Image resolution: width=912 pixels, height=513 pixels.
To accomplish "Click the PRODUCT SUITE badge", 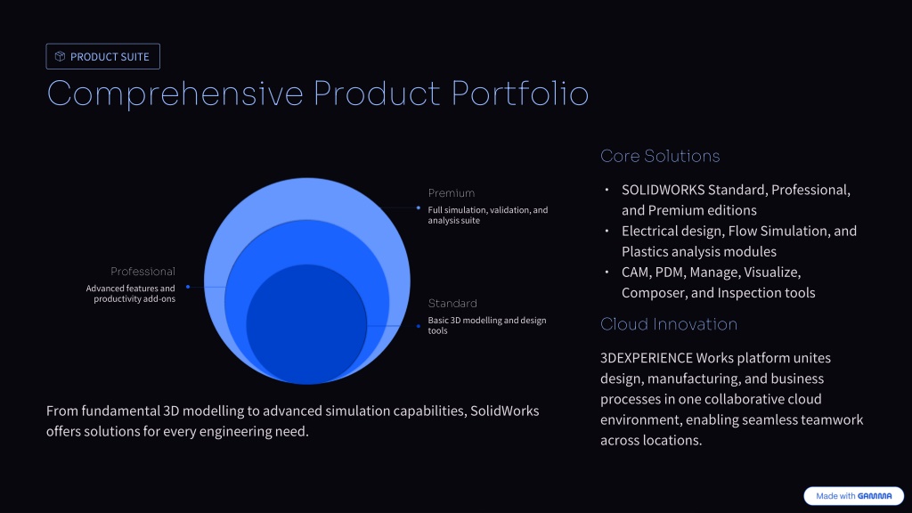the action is [x=103, y=56].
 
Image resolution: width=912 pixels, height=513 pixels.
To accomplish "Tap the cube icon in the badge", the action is [x=60, y=56].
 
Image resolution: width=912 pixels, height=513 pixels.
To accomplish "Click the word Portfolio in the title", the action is [x=520, y=93].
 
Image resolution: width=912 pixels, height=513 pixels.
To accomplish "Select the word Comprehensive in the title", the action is [x=175, y=93].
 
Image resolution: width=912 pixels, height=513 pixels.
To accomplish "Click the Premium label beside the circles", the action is [x=452, y=193].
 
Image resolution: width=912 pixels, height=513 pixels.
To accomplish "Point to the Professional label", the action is [x=142, y=272].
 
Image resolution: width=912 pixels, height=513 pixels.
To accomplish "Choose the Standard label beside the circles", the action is [x=452, y=304].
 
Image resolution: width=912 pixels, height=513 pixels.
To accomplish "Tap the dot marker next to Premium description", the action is [x=419, y=208].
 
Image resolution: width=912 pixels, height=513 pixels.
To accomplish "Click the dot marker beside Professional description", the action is [x=188, y=287].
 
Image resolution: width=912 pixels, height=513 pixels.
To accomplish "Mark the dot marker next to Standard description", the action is [x=419, y=326].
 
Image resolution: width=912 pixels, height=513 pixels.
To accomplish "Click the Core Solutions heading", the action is [x=660, y=156].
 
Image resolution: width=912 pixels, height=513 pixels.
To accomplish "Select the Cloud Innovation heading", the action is [x=669, y=324].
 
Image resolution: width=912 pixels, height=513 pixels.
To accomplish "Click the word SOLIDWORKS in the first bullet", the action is [x=663, y=191].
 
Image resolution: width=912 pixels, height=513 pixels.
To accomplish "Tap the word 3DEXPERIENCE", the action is [x=647, y=358].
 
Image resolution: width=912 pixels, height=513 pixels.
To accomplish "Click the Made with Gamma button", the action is [x=853, y=496].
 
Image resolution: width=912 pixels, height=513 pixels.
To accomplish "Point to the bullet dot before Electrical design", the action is [x=607, y=231].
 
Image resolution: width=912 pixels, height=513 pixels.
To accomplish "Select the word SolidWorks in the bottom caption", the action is [x=504, y=411].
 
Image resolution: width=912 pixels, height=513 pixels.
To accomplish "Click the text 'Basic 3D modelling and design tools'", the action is [x=487, y=325].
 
